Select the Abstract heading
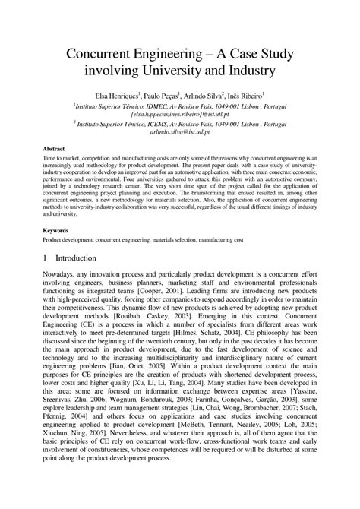52,149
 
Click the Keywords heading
55,207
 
